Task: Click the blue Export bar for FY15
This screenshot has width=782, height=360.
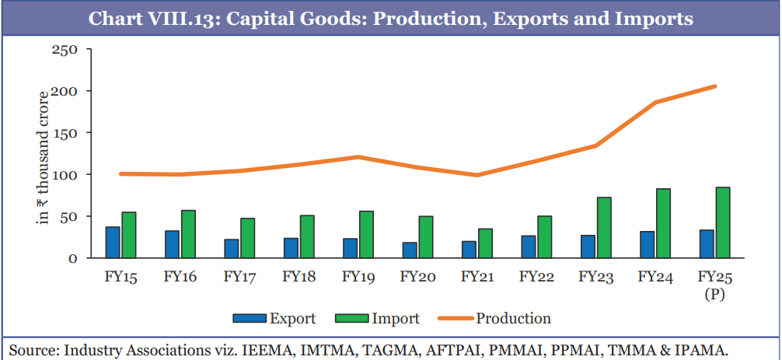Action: click(x=113, y=242)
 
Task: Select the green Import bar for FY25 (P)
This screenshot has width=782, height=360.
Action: click(x=723, y=222)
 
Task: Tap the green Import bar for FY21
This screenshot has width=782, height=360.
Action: click(x=485, y=243)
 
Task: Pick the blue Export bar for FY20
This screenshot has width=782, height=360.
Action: click(x=410, y=250)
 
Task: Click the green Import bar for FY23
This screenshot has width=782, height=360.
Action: click(x=604, y=227)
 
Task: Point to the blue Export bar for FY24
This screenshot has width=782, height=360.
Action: click(x=648, y=244)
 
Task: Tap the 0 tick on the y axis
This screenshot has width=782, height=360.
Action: click(x=72, y=258)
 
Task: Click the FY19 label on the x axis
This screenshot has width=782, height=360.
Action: click(x=358, y=278)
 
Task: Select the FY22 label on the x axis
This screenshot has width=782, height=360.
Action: click(x=536, y=278)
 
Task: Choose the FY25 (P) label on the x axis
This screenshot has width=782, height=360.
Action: click(x=714, y=285)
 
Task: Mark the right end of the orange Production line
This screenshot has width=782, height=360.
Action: click(x=714, y=86)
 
